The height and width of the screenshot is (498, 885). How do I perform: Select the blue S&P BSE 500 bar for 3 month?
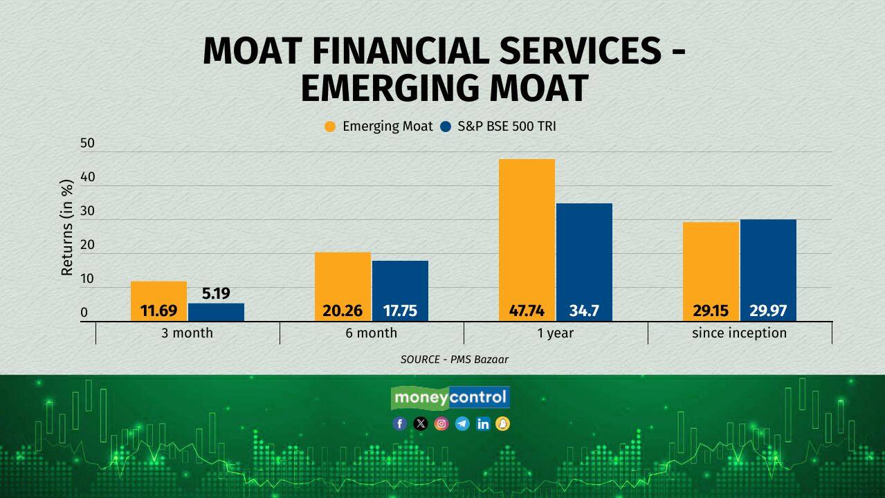(x=216, y=312)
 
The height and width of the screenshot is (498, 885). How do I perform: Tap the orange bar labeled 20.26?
(x=343, y=286)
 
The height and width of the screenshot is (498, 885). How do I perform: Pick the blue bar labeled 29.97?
(x=768, y=270)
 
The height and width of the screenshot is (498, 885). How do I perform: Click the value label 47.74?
(x=527, y=311)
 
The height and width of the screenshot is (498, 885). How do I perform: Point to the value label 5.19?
(x=216, y=293)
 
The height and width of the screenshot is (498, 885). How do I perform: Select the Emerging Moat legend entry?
(x=378, y=127)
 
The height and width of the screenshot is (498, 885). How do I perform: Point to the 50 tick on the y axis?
(x=87, y=143)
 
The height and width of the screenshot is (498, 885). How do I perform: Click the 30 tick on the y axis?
(x=87, y=211)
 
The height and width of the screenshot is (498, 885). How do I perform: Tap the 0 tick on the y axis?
(x=84, y=313)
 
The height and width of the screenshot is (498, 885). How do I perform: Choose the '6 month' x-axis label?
(x=372, y=333)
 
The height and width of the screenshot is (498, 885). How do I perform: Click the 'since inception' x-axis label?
(x=739, y=333)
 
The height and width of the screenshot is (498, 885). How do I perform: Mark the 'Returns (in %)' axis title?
(x=67, y=228)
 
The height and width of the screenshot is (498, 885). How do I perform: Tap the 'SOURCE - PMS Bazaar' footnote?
(x=455, y=359)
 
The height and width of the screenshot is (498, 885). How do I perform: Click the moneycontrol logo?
(x=450, y=398)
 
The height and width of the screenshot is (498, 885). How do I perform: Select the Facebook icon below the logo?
(x=400, y=424)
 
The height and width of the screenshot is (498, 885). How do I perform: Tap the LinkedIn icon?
(x=483, y=424)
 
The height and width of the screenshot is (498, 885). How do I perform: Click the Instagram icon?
(x=441, y=424)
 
